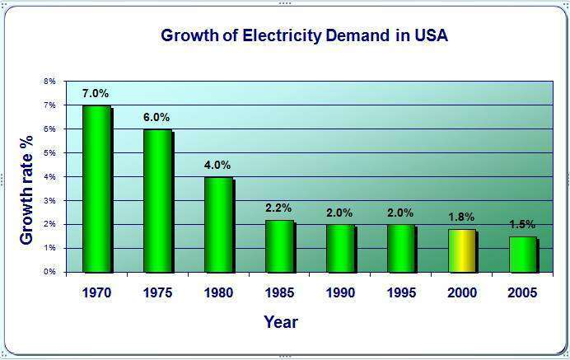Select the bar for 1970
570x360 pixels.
(96, 189)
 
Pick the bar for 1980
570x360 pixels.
(218, 224)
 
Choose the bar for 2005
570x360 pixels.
(522, 254)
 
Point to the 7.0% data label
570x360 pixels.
(96, 93)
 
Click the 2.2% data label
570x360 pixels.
(278, 208)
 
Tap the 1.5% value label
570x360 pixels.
(522, 224)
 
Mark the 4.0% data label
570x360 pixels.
(218, 165)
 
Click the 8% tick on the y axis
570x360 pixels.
(49, 82)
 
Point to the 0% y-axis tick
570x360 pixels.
(49, 272)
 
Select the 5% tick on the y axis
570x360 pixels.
(49, 153)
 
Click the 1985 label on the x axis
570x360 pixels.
(278, 292)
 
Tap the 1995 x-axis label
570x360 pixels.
(400, 292)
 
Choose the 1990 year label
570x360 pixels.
(339, 292)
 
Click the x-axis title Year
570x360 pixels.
(280, 322)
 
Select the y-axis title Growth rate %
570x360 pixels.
(26, 177)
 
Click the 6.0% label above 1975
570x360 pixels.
(157, 117)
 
